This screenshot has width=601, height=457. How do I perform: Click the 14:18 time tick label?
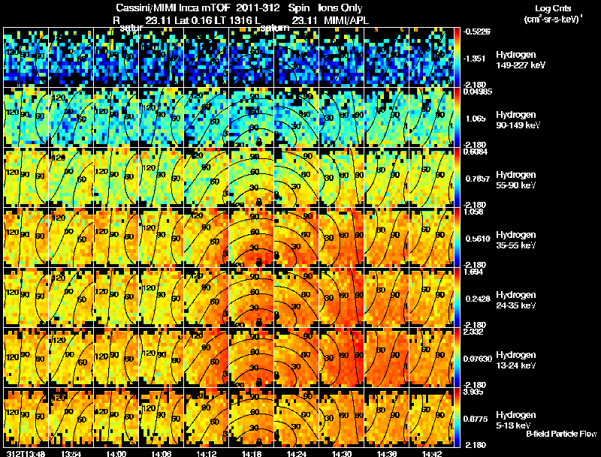click(252, 453)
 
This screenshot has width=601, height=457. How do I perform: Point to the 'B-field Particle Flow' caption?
click(561, 434)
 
